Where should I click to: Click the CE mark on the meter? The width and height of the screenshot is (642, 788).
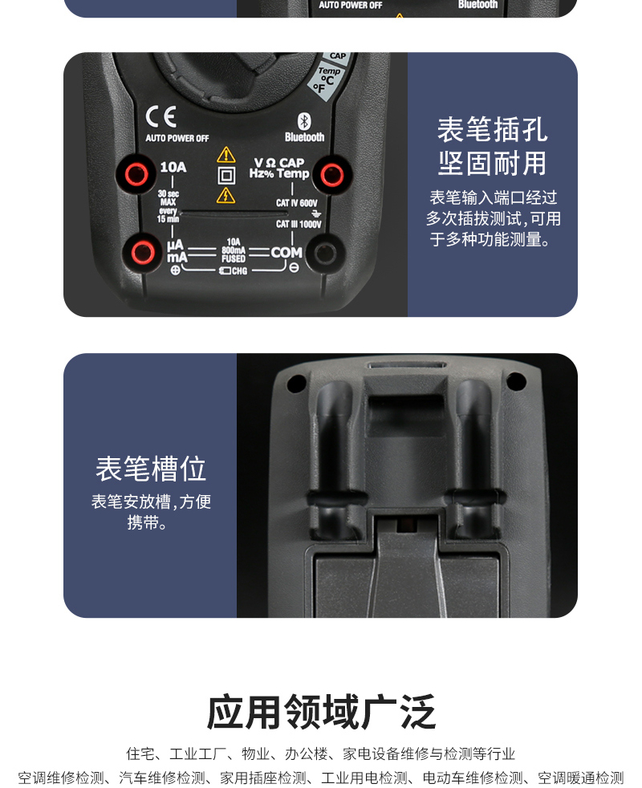click(160, 118)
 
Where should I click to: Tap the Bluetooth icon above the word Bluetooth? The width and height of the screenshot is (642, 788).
click(304, 120)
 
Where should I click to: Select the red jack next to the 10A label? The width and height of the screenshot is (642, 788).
click(136, 173)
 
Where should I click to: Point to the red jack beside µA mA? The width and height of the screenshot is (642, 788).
click(144, 253)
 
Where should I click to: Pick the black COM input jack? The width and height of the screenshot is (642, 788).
click(324, 253)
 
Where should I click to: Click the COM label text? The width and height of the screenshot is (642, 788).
click(286, 252)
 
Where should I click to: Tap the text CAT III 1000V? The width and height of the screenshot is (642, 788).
click(298, 225)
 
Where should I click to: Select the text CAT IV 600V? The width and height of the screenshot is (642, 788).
click(297, 203)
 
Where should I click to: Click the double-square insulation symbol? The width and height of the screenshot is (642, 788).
click(226, 174)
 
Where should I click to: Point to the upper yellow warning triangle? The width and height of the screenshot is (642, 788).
click(226, 154)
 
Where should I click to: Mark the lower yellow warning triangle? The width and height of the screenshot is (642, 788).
click(226, 194)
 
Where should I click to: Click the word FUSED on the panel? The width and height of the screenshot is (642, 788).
click(234, 258)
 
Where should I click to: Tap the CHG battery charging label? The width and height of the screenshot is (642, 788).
click(234, 271)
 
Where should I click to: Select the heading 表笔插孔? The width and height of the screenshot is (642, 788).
click(492, 129)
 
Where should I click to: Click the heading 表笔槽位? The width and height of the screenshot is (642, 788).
click(151, 469)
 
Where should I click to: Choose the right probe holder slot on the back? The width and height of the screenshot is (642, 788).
click(473, 449)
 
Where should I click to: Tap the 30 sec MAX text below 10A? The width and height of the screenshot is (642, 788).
click(168, 198)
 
